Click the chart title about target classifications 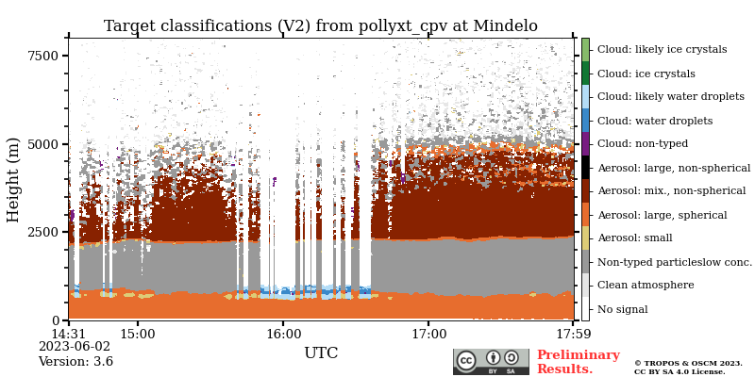(x=321, y=26)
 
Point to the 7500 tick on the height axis (x=42, y=57)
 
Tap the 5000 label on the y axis (x=42, y=145)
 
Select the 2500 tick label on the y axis (x=42, y=233)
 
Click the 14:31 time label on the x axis (x=68, y=334)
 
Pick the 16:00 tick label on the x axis (x=283, y=334)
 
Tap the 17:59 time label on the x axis (x=573, y=334)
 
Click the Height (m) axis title (x=14, y=179)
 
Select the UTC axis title (x=321, y=353)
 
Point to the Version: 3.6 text (x=75, y=362)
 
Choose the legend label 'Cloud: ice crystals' (x=646, y=74)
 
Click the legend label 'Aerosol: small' (x=634, y=238)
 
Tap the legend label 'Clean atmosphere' (x=645, y=286)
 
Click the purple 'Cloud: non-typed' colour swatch (x=585, y=143)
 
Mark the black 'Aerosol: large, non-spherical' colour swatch (x=585, y=167)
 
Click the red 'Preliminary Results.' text (x=578, y=362)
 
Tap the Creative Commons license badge (x=491, y=362)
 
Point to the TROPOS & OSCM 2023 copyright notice (x=688, y=364)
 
